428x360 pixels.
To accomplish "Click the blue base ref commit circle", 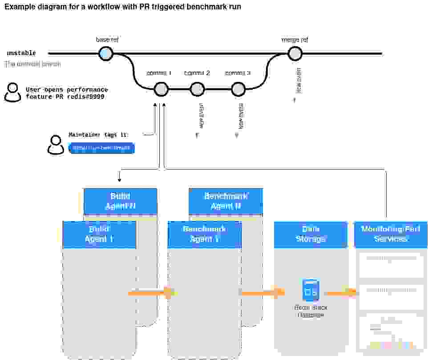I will click(106, 54).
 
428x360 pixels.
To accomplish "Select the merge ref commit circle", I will click(295, 54).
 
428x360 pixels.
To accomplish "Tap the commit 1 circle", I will click(161, 89).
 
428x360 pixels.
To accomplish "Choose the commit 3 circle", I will click(238, 89).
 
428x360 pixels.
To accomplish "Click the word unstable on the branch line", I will click(21, 53).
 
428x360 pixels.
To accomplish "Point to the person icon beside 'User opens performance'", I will click(12, 93).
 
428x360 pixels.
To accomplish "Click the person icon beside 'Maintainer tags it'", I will click(56, 145).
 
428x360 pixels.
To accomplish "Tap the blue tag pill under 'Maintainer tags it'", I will click(101, 148).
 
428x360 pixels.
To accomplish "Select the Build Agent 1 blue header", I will click(99, 235).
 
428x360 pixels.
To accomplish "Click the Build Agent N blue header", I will click(120, 202).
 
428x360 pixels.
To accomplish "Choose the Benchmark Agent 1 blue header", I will click(204, 235).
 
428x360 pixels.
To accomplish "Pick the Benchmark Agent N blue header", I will click(226, 201).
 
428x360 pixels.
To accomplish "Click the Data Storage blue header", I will click(311, 235).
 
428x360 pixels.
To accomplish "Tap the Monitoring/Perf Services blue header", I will click(390, 235).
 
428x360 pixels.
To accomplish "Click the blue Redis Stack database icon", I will click(311, 290).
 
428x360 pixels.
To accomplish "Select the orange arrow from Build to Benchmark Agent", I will click(152, 293).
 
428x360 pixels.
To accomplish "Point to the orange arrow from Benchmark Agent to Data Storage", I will click(262, 293).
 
